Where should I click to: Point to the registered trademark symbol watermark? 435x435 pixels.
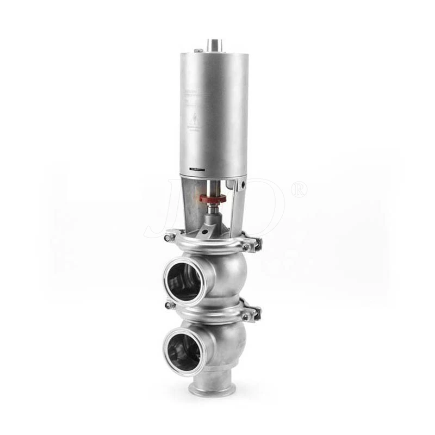299,189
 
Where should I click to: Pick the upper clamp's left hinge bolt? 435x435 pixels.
171,237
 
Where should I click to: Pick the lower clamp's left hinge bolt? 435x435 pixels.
171,306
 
